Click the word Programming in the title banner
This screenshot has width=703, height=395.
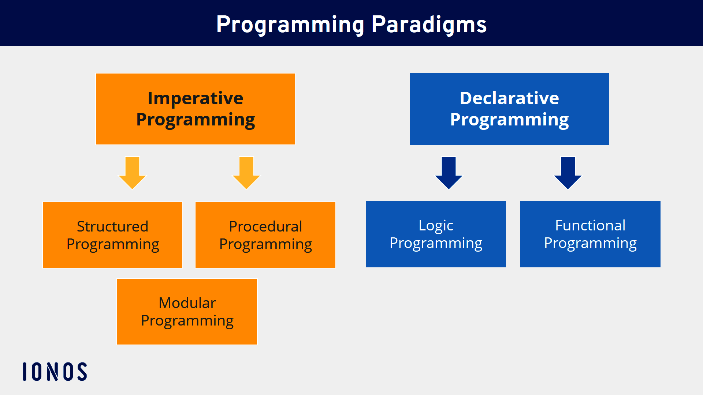point(290,25)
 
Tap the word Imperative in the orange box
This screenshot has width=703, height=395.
point(195,98)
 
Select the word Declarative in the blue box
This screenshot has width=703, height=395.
point(509,98)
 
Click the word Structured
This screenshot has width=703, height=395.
point(112,226)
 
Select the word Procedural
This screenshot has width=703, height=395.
point(265,226)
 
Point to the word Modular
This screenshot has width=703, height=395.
point(187,303)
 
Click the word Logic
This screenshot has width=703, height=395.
point(436,226)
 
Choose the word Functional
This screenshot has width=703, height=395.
point(590,225)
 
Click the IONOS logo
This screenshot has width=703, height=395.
point(55,372)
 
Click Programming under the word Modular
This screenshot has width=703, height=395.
point(187,321)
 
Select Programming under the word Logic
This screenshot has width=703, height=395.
point(436,243)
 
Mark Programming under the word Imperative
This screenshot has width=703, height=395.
point(195,120)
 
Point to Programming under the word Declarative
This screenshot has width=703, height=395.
point(509,120)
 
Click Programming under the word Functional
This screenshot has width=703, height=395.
point(590,243)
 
